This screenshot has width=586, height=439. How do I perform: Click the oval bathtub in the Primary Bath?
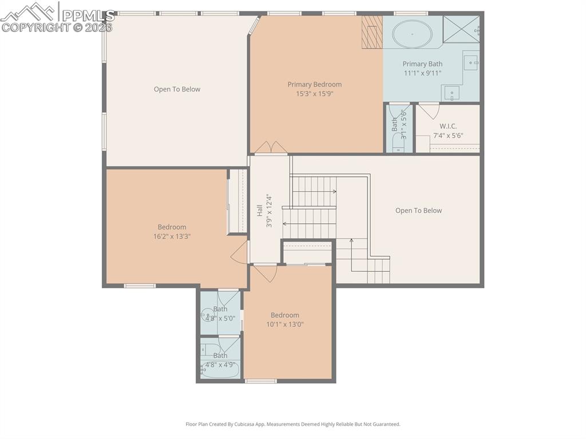[411, 34]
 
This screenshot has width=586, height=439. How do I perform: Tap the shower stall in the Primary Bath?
[461, 29]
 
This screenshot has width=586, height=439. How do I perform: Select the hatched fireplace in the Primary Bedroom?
[372, 31]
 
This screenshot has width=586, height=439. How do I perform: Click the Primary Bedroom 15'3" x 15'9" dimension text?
[314, 94]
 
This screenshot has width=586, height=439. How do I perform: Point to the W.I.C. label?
[448, 126]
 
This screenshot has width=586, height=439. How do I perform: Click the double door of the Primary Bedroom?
[271, 148]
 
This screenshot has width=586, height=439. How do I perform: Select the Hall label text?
[259, 210]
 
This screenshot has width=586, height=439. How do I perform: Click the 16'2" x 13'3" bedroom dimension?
[172, 236]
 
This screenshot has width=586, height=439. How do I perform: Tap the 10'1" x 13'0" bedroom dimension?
[284, 324]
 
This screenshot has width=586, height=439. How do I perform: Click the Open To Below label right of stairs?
[418, 211]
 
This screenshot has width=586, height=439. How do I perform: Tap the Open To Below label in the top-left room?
[177, 89]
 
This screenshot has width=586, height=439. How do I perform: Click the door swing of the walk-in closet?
[429, 110]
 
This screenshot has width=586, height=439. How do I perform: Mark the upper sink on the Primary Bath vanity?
[470, 60]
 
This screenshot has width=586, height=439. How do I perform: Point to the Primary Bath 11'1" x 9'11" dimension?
[422, 73]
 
